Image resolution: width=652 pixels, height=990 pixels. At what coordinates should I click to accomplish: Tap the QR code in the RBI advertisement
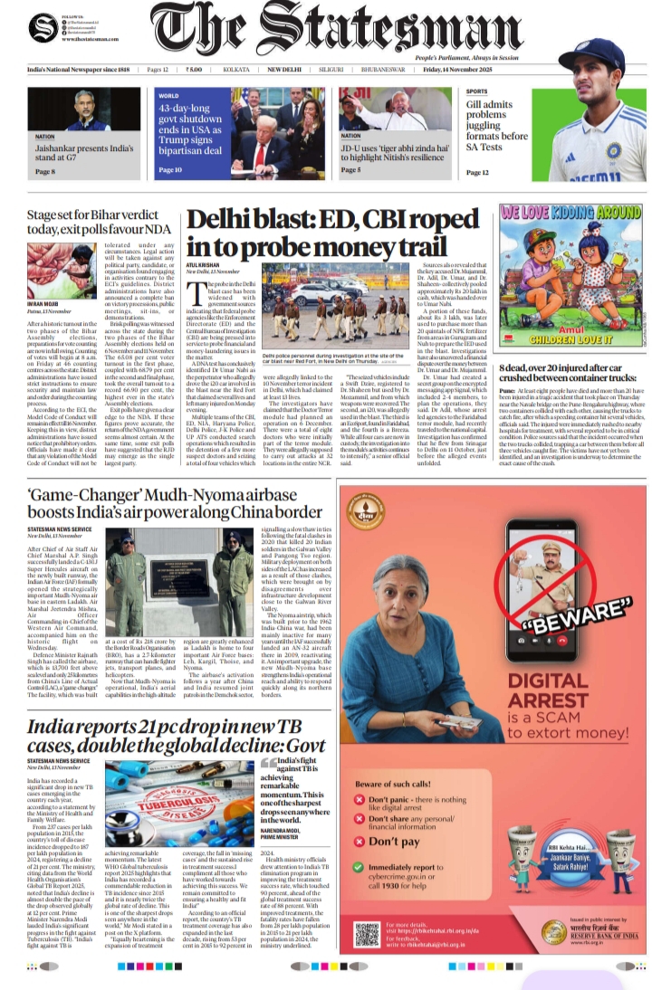[367, 933]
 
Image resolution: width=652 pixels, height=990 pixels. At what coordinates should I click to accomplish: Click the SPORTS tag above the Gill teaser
[476, 91]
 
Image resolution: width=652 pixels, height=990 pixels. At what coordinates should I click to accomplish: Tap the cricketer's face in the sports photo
[590, 72]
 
